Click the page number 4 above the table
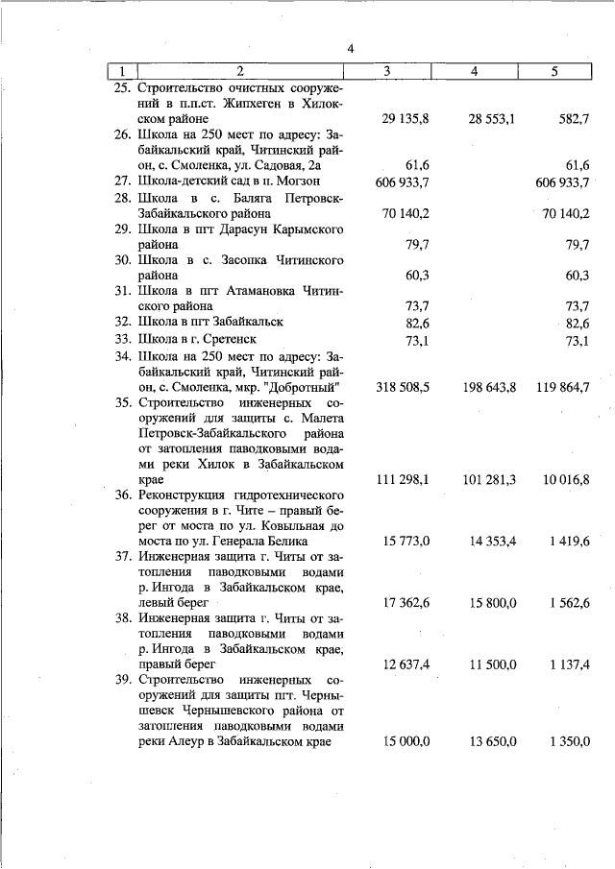[x=351, y=50]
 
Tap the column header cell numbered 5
[x=553, y=71]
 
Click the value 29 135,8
[x=405, y=118]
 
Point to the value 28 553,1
[x=492, y=118]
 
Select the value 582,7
[x=574, y=118]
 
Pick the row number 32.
[x=123, y=322]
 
